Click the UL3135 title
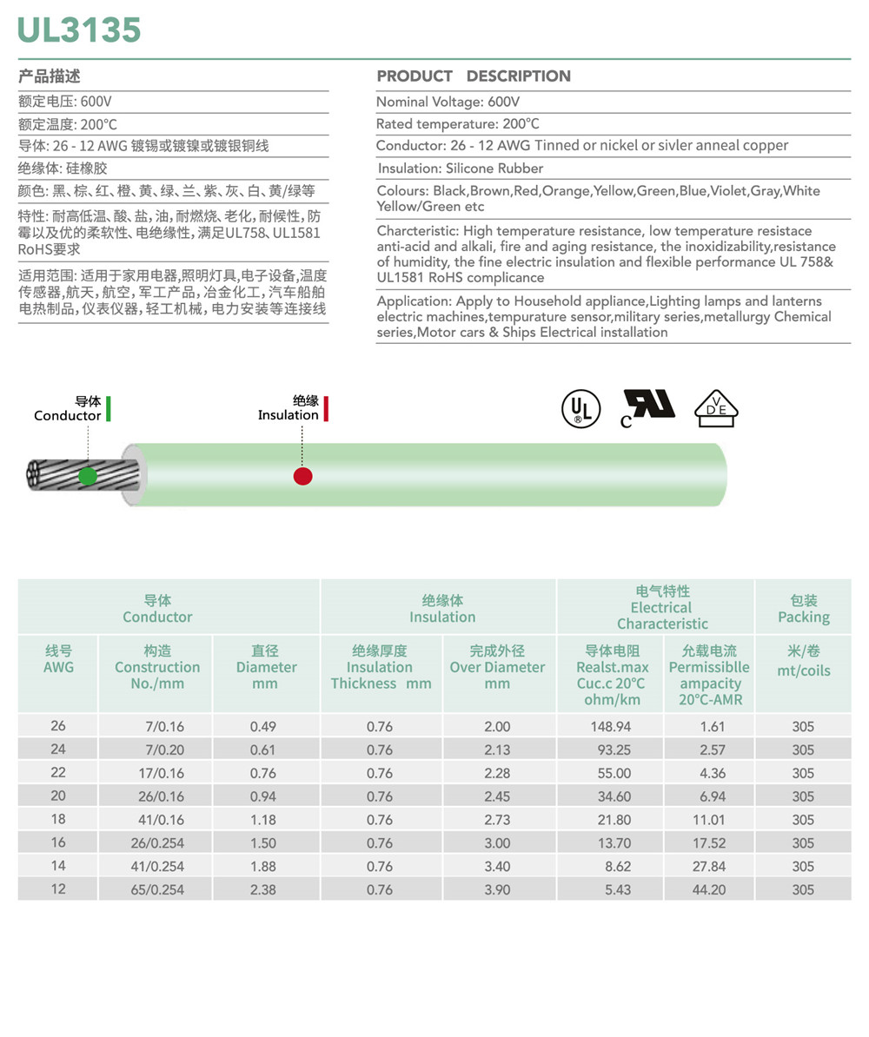tap(79, 30)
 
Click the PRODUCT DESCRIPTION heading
tap(474, 76)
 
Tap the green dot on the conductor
tap(88, 476)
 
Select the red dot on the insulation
tap(302, 476)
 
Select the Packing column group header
tap(803, 609)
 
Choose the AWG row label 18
tap(58, 820)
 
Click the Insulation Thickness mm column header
tap(380, 667)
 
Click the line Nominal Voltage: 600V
tap(448, 102)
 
